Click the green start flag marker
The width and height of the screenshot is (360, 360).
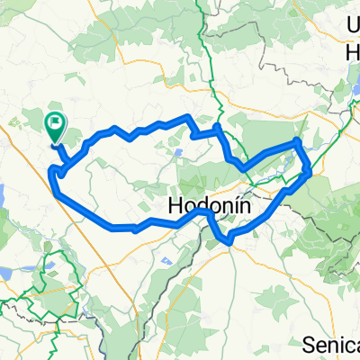[55, 127]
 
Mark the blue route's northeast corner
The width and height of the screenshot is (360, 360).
[299, 141]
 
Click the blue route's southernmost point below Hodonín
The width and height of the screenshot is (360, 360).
[230, 242]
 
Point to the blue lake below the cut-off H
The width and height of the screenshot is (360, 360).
[344, 90]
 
